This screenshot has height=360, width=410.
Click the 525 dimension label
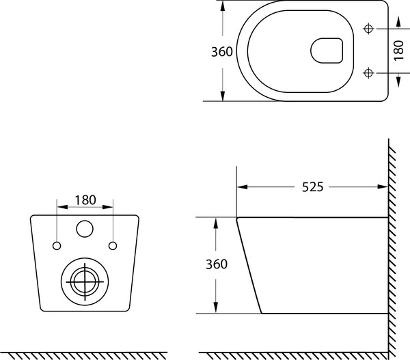click(x=313, y=187)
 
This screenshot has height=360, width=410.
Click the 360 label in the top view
click(x=221, y=52)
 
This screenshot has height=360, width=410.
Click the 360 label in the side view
click(x=217, y=264)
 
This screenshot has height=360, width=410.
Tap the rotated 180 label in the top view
click(x=399, y=50)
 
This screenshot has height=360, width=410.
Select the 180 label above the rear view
click(x=85, y=200)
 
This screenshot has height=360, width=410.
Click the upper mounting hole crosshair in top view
click(x=368, y=29)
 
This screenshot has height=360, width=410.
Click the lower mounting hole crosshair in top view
click(x=368, y=72)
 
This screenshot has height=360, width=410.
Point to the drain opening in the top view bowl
click(x=327, y=51)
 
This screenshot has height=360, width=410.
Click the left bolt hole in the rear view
click(x=57, y=246)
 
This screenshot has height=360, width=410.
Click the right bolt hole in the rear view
click(x=113, y=246)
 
